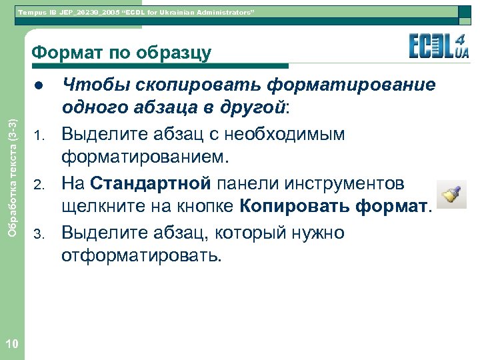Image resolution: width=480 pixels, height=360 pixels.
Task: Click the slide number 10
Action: pos(11,343)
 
